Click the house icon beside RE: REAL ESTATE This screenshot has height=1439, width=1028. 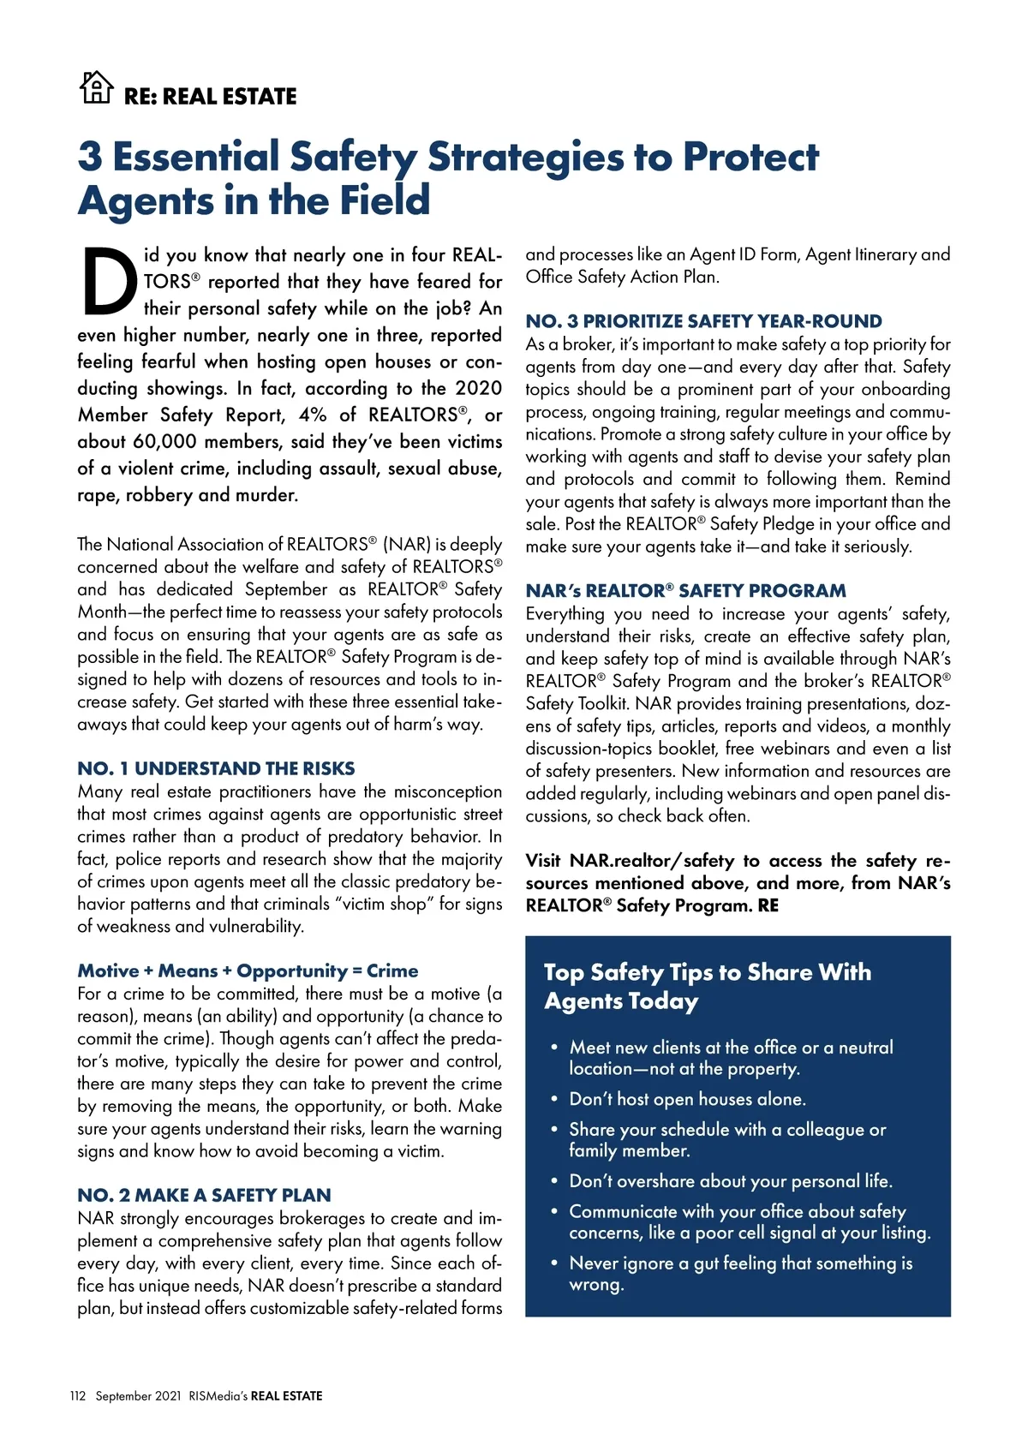[x=96, y=87]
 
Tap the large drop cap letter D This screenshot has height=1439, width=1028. [x=110, y=282]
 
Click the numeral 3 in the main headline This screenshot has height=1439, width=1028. [x=90, y=157]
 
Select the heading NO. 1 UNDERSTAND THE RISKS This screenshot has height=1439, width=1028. [x=216, y=768]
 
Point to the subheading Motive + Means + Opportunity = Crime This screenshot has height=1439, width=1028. [x=248, y=970]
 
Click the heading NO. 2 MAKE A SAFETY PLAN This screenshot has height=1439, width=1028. [x=204, y=1195]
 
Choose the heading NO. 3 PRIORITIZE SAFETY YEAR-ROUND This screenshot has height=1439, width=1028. [x=703, y=321]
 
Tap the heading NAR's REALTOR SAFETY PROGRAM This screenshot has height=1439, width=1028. [x=685, y=590]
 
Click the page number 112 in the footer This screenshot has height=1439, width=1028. [x=78, y=1396]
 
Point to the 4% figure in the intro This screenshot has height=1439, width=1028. [x=313, y=415]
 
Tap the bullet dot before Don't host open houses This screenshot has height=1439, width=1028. [x=554, y=1099]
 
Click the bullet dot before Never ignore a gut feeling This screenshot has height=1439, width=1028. [x=554, y=1263]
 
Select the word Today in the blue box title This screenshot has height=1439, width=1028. [x=664, y=1001]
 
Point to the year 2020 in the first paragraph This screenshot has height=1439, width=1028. [x=478, y=389]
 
